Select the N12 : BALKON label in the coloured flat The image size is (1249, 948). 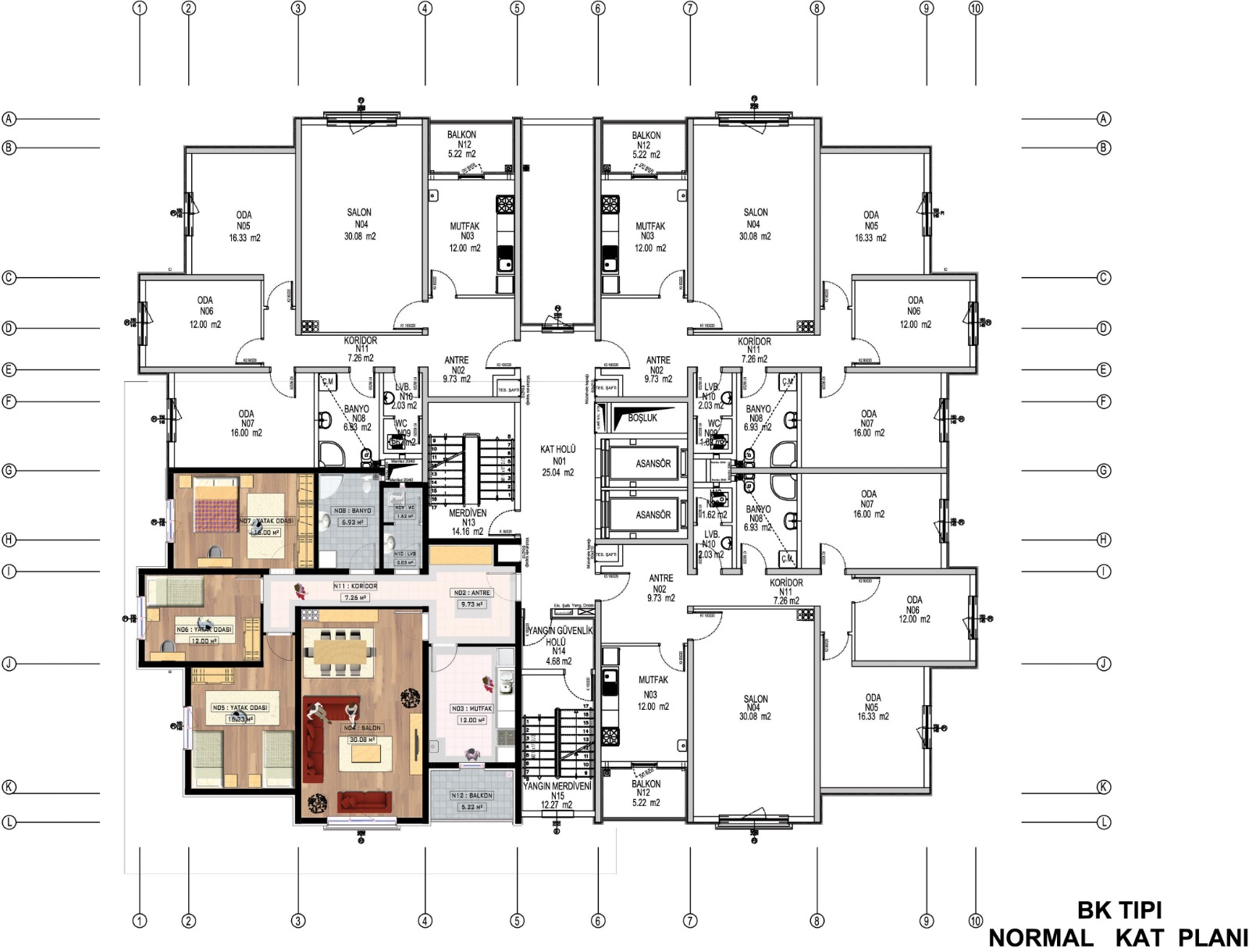[x=471, y=795]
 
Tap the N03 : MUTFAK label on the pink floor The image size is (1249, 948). [x=471, y=708]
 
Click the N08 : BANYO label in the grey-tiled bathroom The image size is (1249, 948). [x=353, y=511]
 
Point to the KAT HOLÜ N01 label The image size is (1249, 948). [x=557, y=460]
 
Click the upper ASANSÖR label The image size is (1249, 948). [x=653, y=463]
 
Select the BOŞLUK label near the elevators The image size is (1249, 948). [x=642, y=418]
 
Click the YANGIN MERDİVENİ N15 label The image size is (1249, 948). [x=557, y=795]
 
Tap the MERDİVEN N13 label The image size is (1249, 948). [x=468, y=522]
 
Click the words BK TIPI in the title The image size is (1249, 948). [x=1119, y=910]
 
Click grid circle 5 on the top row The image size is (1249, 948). [x=517, y=9]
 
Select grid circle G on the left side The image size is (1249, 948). [x=9, y=471]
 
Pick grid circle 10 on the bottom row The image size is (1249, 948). [x=975, y=921]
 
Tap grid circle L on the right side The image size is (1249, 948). [x=1103, y=822]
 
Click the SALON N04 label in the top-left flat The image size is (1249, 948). [x=360, y=223]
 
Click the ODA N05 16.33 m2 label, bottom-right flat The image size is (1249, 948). [x=872, y=707]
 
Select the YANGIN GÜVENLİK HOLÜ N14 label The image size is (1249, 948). [x=557, y=645]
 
